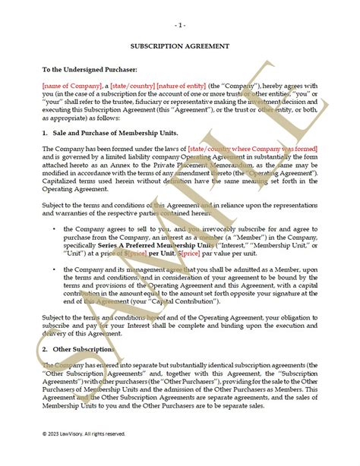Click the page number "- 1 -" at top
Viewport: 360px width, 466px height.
tap(180, 24)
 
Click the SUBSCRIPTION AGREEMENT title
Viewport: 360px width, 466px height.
tap(180, 46)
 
